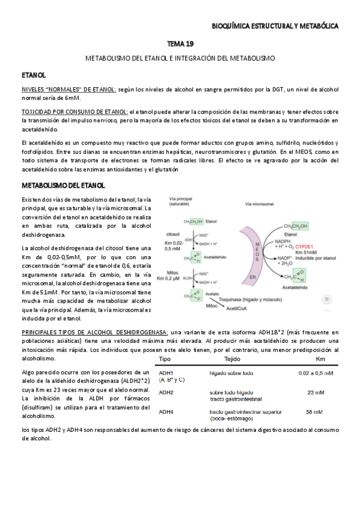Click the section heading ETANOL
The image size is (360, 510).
34,76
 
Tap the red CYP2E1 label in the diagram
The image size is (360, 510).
305,246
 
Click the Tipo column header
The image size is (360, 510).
165,359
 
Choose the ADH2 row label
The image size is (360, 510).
166,393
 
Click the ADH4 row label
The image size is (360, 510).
166,411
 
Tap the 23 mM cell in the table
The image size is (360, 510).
315,392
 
